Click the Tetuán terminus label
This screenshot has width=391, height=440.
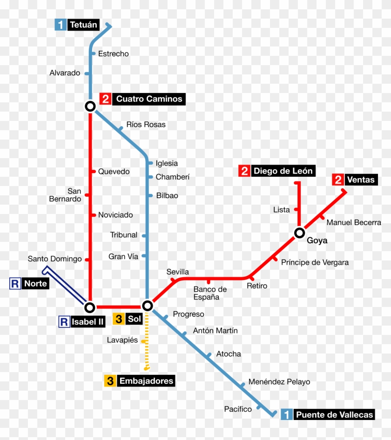point(84,25)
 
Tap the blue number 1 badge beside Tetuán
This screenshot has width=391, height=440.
point(61,25)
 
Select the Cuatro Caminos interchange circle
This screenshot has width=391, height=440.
point(90,107)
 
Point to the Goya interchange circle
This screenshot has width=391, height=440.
point(299,233)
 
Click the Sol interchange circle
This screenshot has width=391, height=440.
point(147,306)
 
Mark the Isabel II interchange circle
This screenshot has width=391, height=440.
point(90,307)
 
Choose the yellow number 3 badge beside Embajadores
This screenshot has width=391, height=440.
point(110,381)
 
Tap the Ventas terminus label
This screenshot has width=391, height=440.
point(360,180)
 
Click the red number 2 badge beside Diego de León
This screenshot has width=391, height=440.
point(244,171)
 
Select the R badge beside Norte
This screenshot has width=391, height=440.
point(15,283)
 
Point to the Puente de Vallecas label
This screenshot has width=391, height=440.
point(334,414)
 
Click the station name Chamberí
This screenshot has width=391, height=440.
point(172,177)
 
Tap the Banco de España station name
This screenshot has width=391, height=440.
point(210,293)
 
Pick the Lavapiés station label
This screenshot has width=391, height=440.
point(122,340)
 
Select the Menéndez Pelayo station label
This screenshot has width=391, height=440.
point(279,382)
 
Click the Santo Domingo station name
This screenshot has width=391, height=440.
point(54,259)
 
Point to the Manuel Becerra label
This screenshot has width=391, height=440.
point(353,222)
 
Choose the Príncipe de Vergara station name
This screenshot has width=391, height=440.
point(315,262)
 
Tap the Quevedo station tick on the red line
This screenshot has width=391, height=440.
point(93,172)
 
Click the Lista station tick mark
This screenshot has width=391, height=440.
point(296,210)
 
